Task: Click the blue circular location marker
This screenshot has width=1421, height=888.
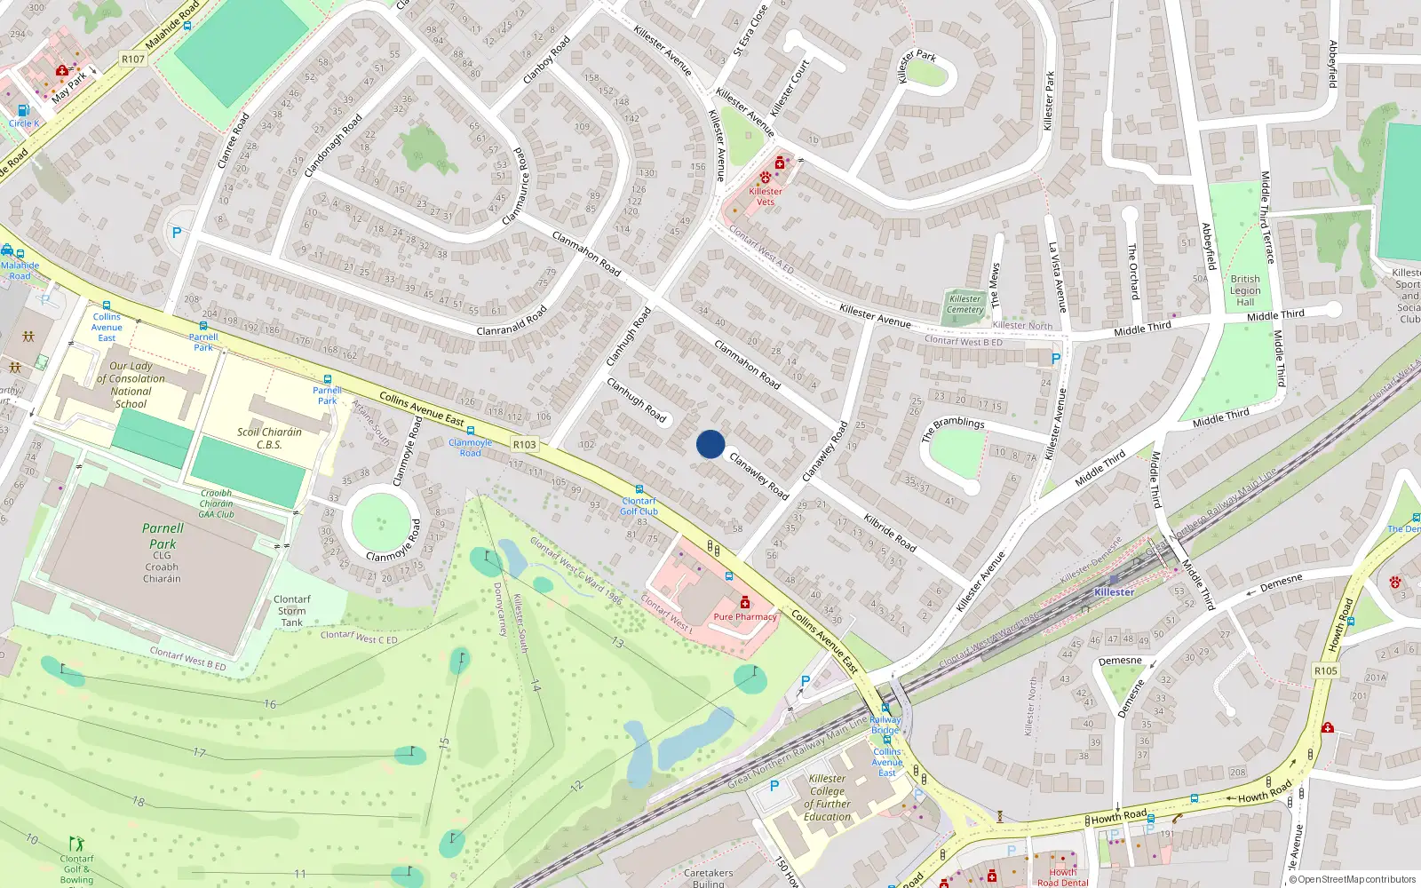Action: [x=710, y=444]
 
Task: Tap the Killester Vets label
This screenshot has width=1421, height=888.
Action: [x=765, y=196]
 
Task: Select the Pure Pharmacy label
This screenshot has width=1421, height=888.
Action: [x=744, y=616]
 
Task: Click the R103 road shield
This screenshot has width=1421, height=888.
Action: [x=525, y=444]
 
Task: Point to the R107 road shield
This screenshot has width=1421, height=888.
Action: [x=132, y=59]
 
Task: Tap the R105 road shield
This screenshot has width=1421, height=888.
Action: [x=1325, y=670]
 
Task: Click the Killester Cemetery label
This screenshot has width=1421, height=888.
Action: [x=965, y=304]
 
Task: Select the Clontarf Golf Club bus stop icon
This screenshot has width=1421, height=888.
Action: [x=639, y=489]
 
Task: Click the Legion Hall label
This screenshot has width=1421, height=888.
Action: [x=1245, y=289]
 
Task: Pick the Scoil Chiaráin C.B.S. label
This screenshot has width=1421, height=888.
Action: [x=269, y=438]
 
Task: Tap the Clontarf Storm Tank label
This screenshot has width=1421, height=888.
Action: [x=291, y=611]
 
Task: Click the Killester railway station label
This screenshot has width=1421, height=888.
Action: [x=1114, y=591]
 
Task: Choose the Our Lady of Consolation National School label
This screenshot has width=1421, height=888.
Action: [x=131, y=385]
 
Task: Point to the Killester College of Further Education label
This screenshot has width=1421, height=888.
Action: [x=827, y=797]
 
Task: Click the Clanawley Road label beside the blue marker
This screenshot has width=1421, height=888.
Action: [x=759, y=475]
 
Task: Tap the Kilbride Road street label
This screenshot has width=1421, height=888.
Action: [x=890, y=532]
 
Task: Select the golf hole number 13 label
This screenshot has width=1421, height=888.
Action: [x=617, y=642]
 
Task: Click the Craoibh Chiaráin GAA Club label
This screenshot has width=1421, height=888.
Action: [x=216, y=503]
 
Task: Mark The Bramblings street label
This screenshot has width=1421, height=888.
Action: [x=953, y=429]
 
